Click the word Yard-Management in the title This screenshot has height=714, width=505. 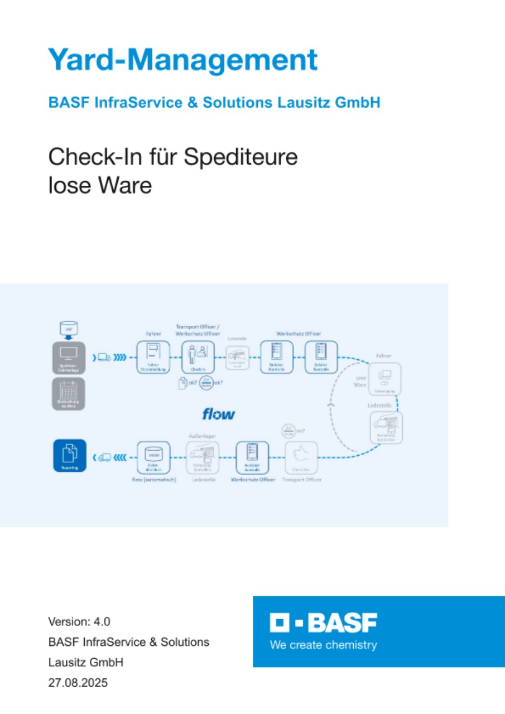pos(182,60)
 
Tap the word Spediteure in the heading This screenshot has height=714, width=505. pos(241,157)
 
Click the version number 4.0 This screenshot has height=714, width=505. pos(102,621)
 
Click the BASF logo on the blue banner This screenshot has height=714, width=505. pos(323,623)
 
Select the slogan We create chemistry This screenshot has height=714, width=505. pos(323,645)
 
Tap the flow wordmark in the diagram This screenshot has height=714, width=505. pos(218,414)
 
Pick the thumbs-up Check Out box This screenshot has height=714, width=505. pos(301,458)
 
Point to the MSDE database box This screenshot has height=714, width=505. pos(153,458)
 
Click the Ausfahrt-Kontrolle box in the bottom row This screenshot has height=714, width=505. pos(252,458)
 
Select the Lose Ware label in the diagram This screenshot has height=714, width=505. pos(362,381)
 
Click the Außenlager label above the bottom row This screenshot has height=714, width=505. pos(202,436)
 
